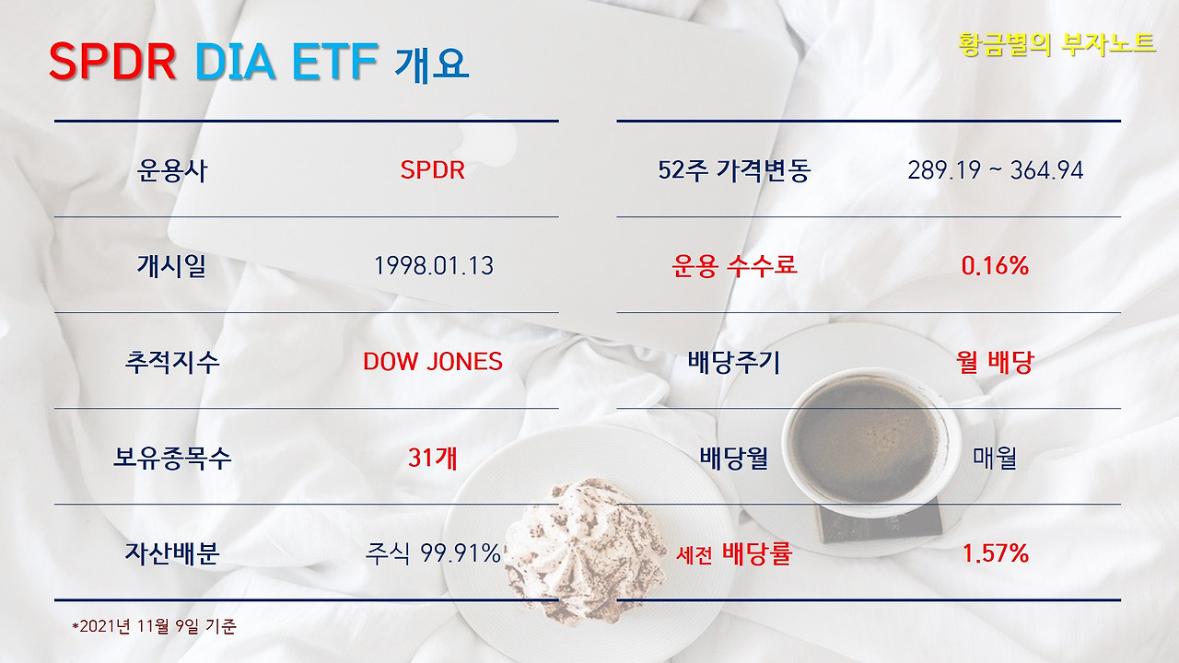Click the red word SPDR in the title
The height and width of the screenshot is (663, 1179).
coord(111,63)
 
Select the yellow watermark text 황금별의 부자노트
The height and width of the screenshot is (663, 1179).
coord(1056,43)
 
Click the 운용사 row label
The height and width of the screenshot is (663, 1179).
coord(172,170)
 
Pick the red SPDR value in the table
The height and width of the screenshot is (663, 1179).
coord(432,170)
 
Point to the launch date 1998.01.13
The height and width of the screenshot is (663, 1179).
coord(433,266)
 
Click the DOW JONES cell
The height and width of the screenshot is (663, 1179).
coord(433,361)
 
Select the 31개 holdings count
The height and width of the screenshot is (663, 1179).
coord(433,457)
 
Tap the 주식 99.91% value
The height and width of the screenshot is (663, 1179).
coord(433,553)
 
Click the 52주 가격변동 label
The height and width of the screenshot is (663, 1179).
coord(734,170)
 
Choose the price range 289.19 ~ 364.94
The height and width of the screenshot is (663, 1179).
coord(995,170)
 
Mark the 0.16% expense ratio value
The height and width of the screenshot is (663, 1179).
coord(995,266)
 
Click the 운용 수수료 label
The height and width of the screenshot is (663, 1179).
coord(734,266)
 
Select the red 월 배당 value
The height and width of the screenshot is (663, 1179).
coord(995,361)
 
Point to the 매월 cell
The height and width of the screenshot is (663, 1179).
coord(995,457)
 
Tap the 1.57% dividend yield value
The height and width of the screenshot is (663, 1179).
coord(995,553)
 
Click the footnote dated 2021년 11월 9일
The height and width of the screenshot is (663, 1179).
coord(155,626)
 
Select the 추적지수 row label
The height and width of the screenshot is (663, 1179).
coord(172,361)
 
